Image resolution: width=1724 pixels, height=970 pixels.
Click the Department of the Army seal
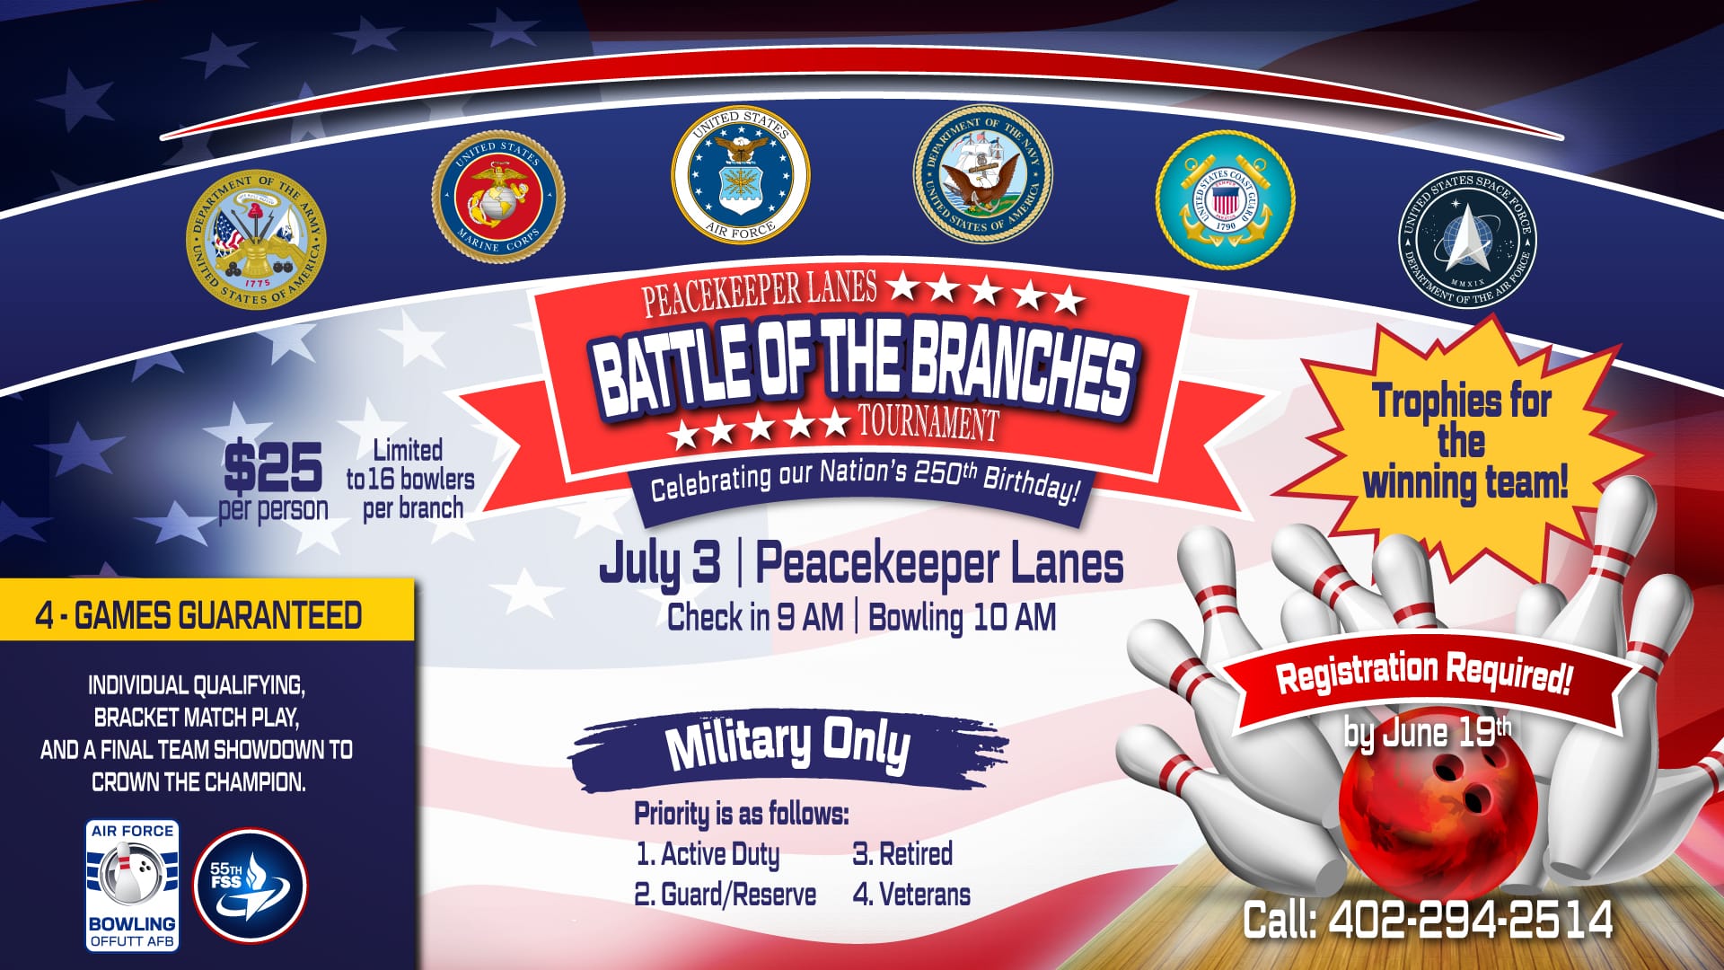coord(256,240)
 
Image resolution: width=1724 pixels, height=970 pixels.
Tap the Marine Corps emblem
coord(498,198)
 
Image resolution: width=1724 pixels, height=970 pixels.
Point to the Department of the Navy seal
coord(983,173)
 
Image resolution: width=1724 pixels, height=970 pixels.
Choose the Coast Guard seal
coord(1226,199)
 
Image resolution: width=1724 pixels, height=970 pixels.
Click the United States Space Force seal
coord(1468,240)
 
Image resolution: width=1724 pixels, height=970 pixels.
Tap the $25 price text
coord(273,467)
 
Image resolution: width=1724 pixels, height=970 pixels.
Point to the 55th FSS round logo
coord(251,885)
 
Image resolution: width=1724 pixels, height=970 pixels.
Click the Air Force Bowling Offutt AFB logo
coord(133,886)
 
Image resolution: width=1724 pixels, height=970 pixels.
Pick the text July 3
coord(660,564)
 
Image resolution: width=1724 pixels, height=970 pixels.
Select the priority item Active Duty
coord(708,854)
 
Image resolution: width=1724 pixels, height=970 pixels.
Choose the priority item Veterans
coord(911,895)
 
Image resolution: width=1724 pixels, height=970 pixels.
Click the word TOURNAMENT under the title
coord(928,422)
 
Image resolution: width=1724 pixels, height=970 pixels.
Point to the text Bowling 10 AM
coord(963,618)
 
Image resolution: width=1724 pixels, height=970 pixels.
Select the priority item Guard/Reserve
coord(726,895)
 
